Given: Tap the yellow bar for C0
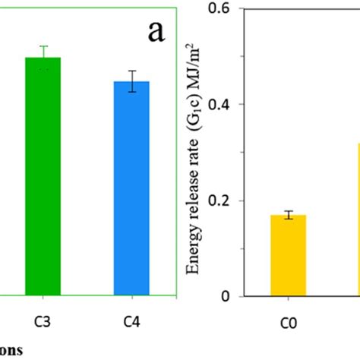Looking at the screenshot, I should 289,255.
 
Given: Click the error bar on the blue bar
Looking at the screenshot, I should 132,81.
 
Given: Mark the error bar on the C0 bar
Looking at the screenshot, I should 289,215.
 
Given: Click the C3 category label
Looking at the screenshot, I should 43,321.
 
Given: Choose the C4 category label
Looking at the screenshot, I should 132,321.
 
